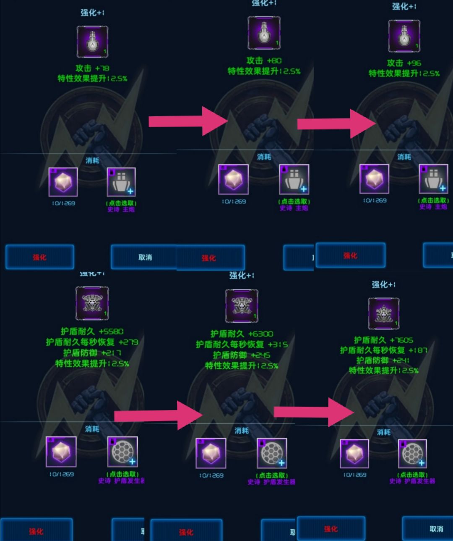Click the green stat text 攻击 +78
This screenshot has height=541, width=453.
pos(92,68)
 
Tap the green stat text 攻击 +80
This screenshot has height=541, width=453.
pos(263,60)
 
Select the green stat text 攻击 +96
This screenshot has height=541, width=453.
pos(404,63)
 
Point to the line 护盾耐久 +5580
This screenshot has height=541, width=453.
pos(92,331)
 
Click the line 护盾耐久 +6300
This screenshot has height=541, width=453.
pos(242,334)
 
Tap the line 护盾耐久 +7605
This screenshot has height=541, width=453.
pos(383,340)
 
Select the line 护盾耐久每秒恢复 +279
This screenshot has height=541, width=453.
pos(92,342)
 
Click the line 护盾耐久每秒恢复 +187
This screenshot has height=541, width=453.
pos(383,350)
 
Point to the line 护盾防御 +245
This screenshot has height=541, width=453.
pos(242,355)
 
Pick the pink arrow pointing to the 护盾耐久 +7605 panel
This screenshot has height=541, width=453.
pos(315,412)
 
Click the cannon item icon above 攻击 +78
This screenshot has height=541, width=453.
pos(92,41)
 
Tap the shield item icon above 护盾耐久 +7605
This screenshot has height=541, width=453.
pos(383,313)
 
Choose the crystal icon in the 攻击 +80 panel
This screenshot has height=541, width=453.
pos(233,179)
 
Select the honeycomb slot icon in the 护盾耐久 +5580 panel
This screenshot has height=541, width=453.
pos(122,452)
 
